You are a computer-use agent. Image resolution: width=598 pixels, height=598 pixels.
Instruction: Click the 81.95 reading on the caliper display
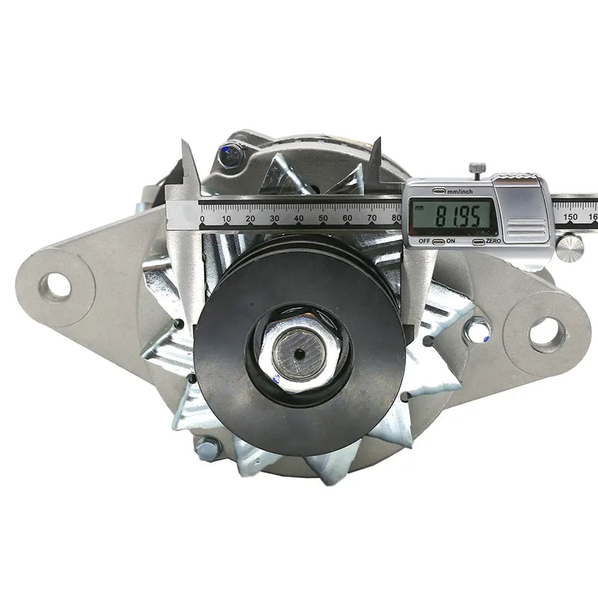457,217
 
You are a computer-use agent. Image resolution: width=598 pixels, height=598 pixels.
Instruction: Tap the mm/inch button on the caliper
439,191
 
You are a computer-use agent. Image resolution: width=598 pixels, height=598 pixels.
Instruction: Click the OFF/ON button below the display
437,241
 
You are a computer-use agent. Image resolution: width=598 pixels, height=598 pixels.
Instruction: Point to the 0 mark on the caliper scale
202,218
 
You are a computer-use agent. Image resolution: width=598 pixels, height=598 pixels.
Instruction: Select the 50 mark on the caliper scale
323,218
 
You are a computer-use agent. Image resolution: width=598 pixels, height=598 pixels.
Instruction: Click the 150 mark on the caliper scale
570,217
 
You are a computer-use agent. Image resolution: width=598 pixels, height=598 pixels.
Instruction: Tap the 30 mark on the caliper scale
274,218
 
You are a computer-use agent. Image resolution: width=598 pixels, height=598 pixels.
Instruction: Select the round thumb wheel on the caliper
570,247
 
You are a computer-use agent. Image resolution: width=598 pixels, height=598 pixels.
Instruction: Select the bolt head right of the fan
475,330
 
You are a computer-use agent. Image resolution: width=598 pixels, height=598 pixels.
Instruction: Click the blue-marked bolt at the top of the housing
230,158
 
